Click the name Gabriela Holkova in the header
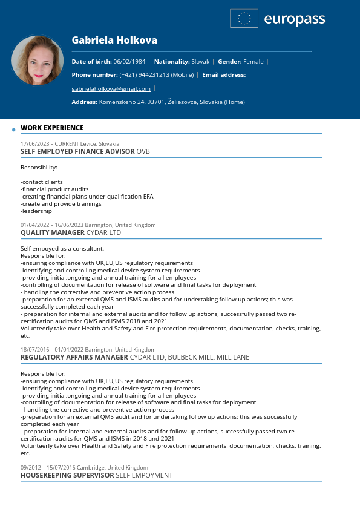[x=114, y=41]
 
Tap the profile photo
[x=38, y=61]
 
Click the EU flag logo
[x=244, y=19]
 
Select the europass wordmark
[x=295, y=19]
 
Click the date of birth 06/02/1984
[x=129, y=62]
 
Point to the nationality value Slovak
[x=200, y=62]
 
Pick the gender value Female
[x=254, y=62]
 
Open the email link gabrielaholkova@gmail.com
[x=111, y=89]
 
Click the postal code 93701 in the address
[x=156, y=102]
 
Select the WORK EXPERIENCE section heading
[x=52, y=128]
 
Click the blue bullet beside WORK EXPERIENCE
[x=13, y=130]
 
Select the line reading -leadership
[x=36, y=211]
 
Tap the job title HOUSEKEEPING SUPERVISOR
[x=67, y=476]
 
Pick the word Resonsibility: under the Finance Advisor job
[x=39, y=167]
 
